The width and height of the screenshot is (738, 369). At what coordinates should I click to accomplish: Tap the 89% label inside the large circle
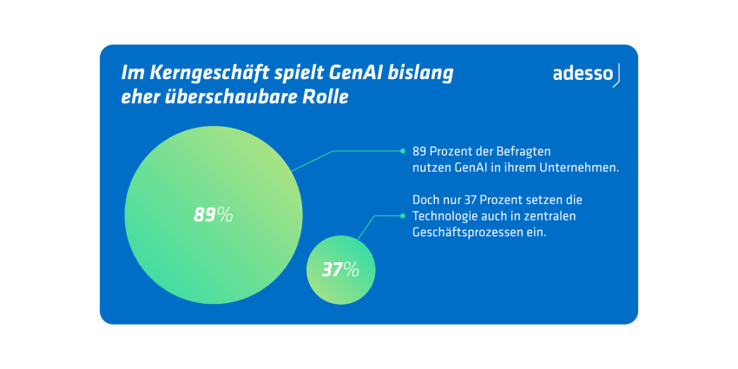click(x=213, y=214)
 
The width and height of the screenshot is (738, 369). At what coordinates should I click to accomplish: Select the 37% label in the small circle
click(x=340, y=269)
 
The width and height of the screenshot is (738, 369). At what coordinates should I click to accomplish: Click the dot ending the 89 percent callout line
click(x=402, y=150)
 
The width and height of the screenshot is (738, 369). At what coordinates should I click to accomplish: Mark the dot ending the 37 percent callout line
click(x=402, y=215)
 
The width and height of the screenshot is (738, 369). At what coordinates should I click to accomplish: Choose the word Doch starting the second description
click(x=426, y=200)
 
